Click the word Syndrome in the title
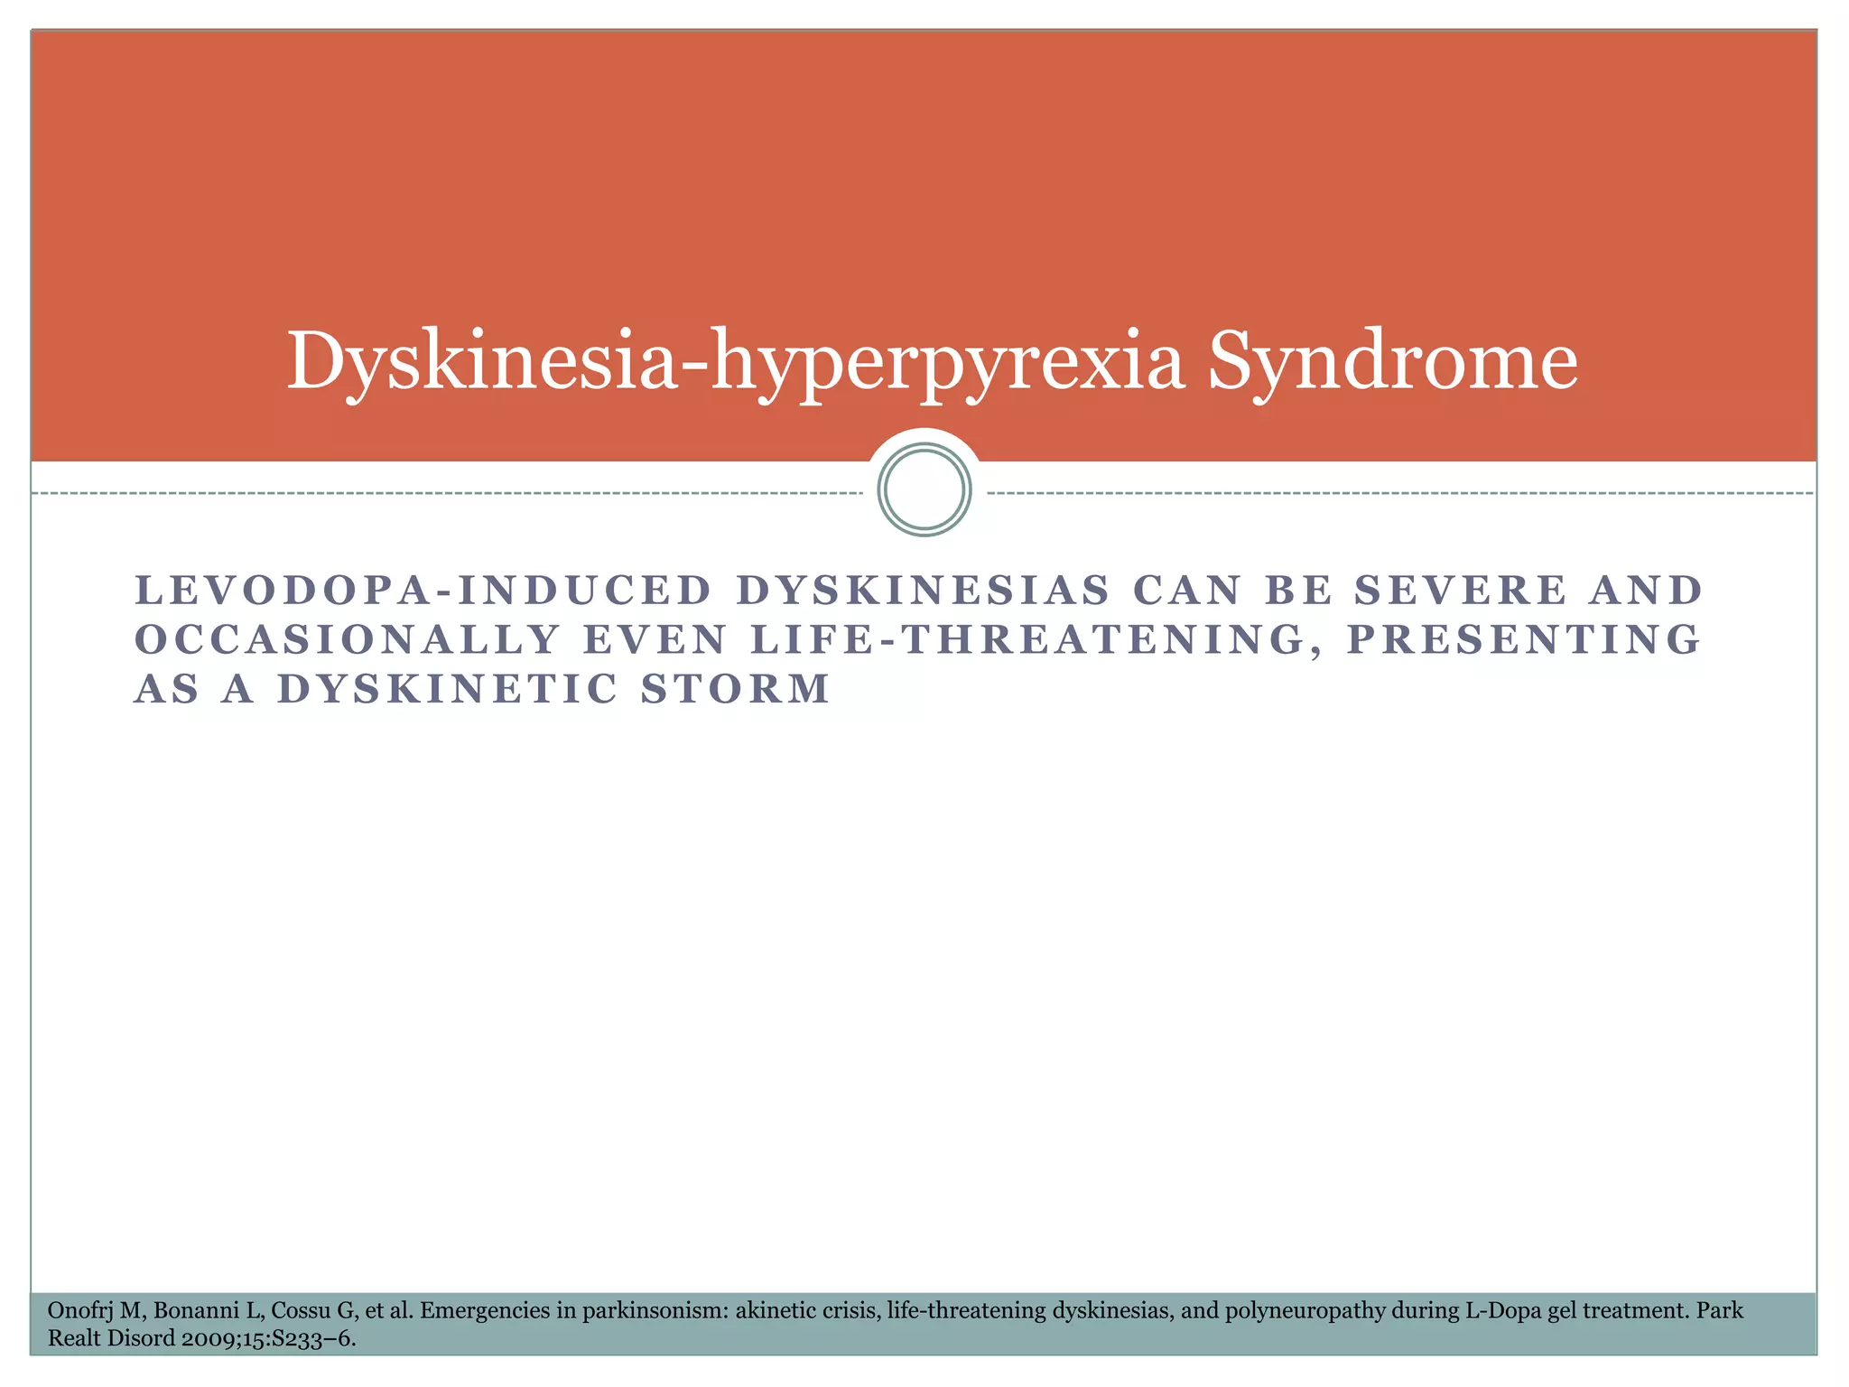1392,362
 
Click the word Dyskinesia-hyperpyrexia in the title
735,362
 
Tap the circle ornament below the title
924,489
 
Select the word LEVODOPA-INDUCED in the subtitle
423,591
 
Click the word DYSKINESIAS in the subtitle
923,591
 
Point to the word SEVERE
1461,591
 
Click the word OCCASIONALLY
348,639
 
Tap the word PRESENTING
1523,639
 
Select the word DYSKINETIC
448,689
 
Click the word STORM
735,689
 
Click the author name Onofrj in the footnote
79,1310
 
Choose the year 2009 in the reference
206,1338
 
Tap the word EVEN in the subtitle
655,639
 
